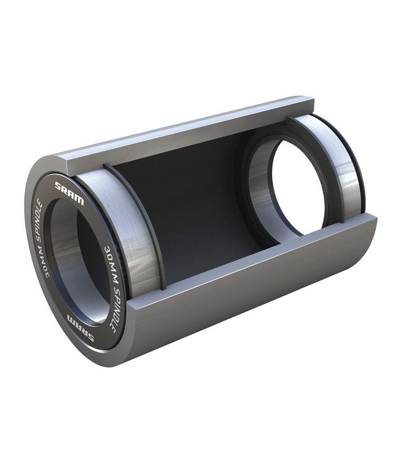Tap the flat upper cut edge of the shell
coord(186,128)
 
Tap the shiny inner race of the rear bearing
coord(260,185)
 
